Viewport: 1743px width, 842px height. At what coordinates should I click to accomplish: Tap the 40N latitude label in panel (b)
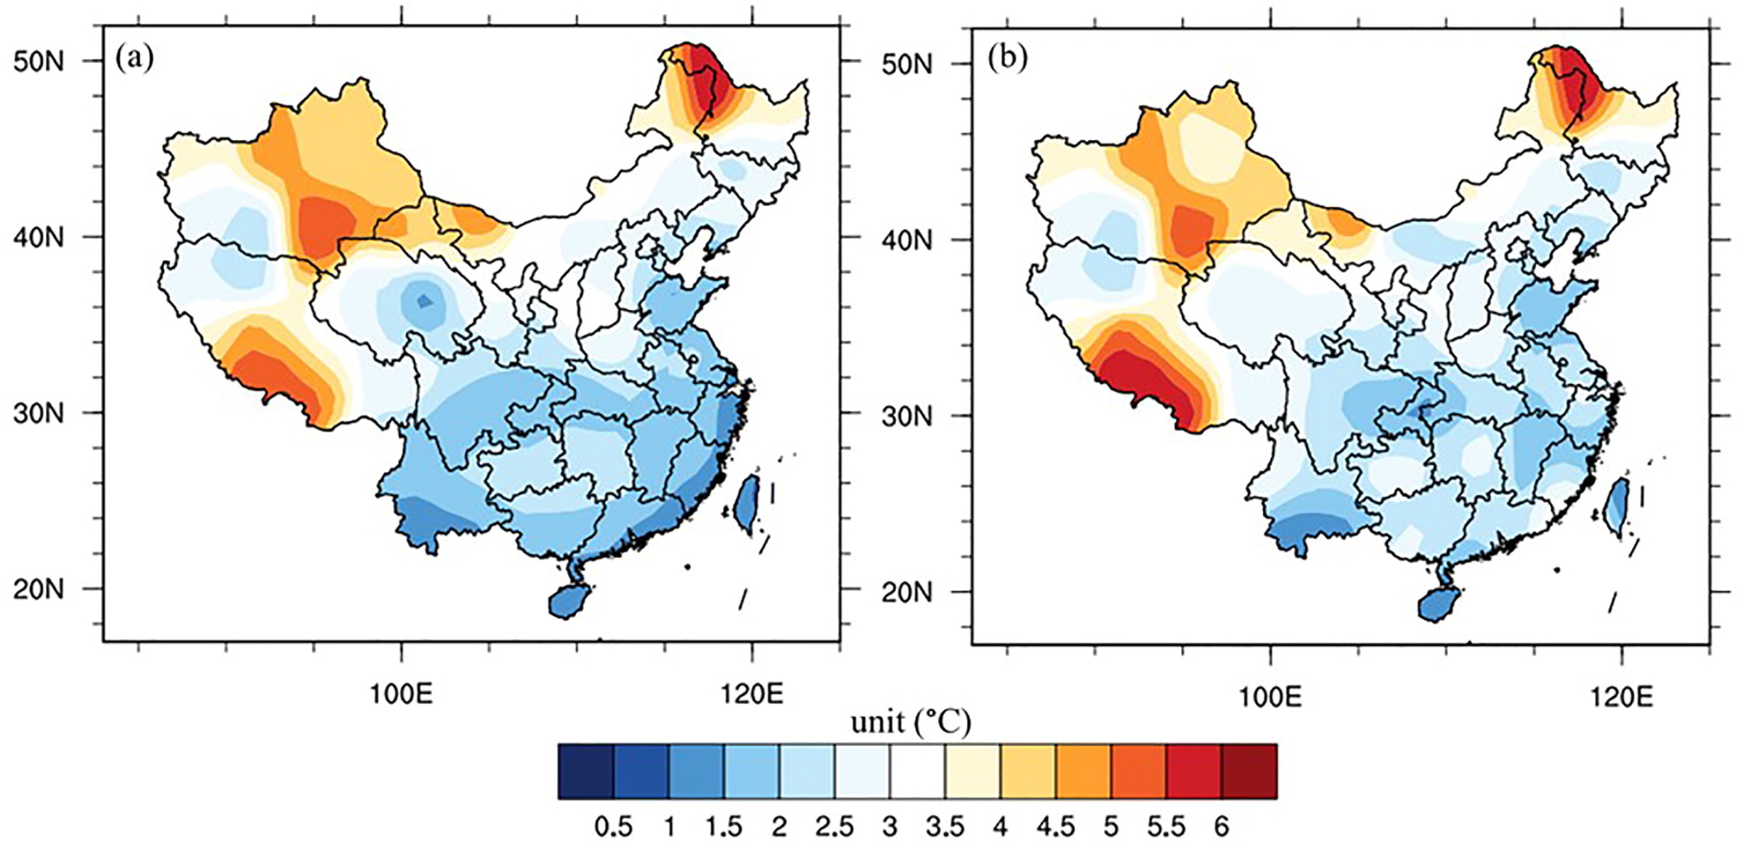[x=907, y=240]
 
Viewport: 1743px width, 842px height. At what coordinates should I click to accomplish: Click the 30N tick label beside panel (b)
[x=907, y=417]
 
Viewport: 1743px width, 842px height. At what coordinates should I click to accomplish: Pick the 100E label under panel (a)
[x=401, y=695]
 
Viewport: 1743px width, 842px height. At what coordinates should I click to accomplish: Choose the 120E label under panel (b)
[x=1622, y=697]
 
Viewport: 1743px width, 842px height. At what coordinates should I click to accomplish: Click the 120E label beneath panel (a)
[x=752, y=695]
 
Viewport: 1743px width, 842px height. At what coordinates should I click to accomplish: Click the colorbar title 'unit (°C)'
[x=911, y=722]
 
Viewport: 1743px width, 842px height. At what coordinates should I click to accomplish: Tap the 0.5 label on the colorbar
[x=613, y=827]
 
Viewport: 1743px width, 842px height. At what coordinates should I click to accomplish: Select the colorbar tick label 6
[x=1222, y=827]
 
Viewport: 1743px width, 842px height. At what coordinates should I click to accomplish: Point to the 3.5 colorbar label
[x=945, y=827]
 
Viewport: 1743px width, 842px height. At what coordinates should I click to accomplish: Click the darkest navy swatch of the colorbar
[x=586, y=772]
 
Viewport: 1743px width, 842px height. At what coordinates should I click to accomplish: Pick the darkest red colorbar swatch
[x=1249, y=772]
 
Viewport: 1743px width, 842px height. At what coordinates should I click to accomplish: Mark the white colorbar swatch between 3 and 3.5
[x=917, y=772]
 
